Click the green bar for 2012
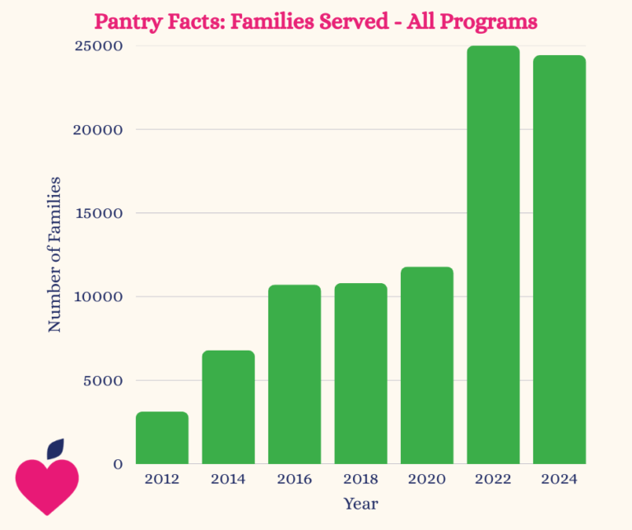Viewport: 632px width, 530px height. (x=162, y=438)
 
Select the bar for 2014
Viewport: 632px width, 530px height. (x=228, y=407)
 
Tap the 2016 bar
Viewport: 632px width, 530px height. (x=295, y=374)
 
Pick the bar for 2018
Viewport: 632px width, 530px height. (x=360, y=374)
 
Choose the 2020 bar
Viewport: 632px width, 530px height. (x=427, y=365)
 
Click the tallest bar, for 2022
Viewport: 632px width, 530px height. (x=493, y=255)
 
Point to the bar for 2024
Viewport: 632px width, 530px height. (x=560, y=259)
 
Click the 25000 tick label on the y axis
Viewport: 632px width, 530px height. (x=100, y=46)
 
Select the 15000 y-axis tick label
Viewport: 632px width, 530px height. (x=100, y=213)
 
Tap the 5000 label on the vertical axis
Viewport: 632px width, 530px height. (x=104, y=380)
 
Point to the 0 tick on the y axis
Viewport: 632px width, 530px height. (x=118, y=464)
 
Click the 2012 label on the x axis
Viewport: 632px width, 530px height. (x=162, y=479)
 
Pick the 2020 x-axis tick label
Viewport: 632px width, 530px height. (x=427, y=479)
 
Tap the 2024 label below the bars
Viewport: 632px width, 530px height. (x=560, y=479)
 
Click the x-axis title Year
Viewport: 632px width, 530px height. (x=360, y=503)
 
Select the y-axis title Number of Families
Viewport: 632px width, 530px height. (x=54, y=253)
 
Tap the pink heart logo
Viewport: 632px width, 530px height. (x=47, y=485)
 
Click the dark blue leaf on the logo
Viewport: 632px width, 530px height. (x=56, y=449)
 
